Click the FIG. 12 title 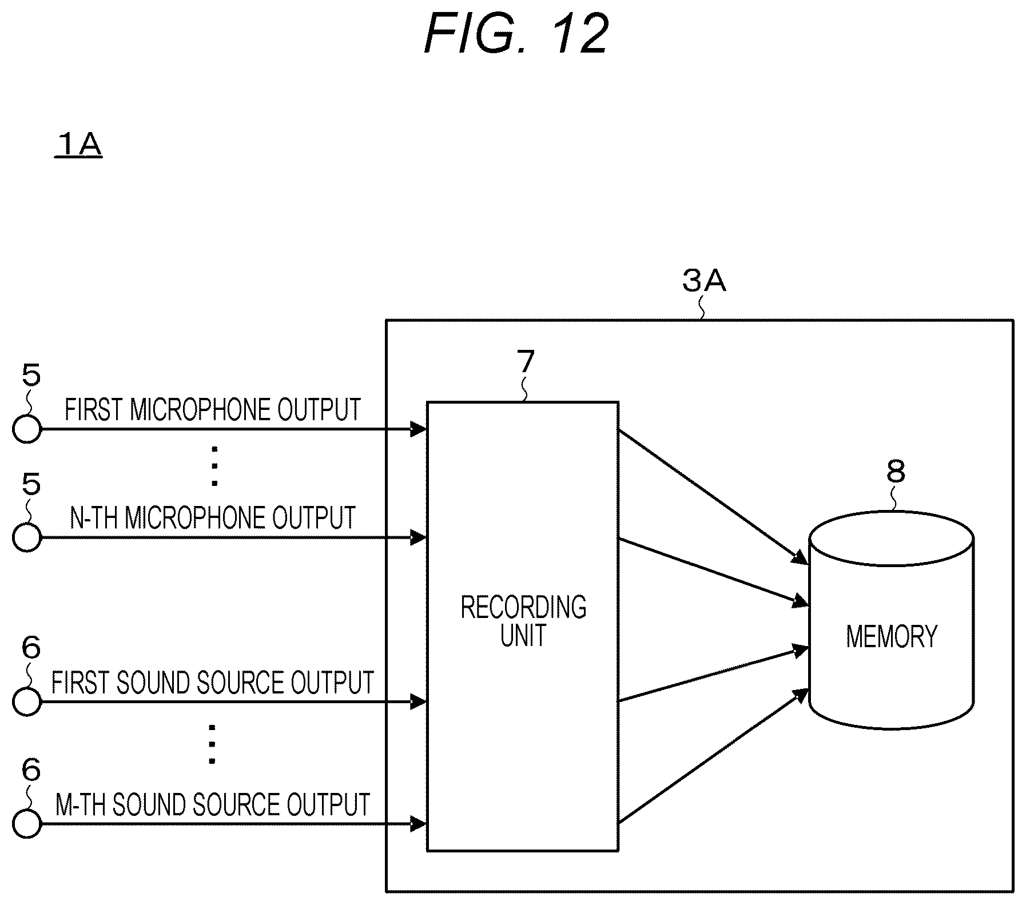[x=516, y=34]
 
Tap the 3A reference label [x=704, y=281]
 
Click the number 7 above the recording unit [x=525, y=362]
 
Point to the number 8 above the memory [x=896, y=472]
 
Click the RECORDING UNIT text [x=523, y=621]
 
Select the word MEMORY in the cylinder [x=892, y=636]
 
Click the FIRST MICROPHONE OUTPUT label [x=213, y=409]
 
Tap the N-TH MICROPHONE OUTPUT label [x=213, y=517]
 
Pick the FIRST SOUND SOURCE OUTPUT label [x=213, y=682]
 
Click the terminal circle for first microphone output [x=27, y=429]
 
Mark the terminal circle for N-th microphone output [x=27, y=537]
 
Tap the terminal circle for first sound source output [x=27, y=701]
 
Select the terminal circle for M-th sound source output [x=27, y=824]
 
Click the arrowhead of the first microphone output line [x=419, y=429]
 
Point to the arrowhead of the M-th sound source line [x=419, y=824]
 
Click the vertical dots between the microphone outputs [x=214, y=465]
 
